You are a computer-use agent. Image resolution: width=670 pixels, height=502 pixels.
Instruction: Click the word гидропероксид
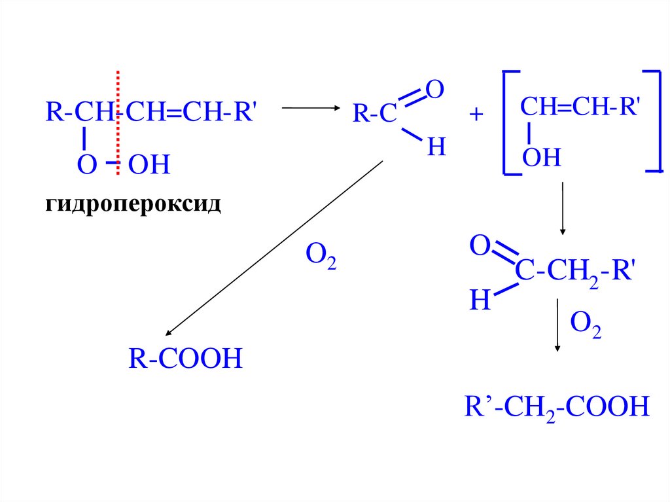pos(133,204)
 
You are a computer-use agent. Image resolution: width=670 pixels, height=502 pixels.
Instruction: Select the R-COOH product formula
pos(185,359)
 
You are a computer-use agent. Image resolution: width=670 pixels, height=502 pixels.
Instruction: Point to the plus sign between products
pos(476,115)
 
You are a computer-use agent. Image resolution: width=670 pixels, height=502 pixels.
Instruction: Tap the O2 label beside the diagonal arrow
pos(321,257)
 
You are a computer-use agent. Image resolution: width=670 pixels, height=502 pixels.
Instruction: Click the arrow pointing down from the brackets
pos(562,209)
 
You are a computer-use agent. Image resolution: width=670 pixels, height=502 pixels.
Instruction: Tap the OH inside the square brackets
pos(542,158)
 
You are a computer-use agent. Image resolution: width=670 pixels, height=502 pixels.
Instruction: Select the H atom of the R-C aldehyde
pos(436,148)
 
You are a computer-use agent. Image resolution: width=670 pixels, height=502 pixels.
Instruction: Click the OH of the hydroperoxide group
pos(149,165)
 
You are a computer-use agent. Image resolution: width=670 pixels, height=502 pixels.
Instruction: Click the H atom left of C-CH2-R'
pos(480,300)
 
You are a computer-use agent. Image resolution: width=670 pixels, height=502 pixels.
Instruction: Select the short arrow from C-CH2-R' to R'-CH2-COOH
pos(557,325)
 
